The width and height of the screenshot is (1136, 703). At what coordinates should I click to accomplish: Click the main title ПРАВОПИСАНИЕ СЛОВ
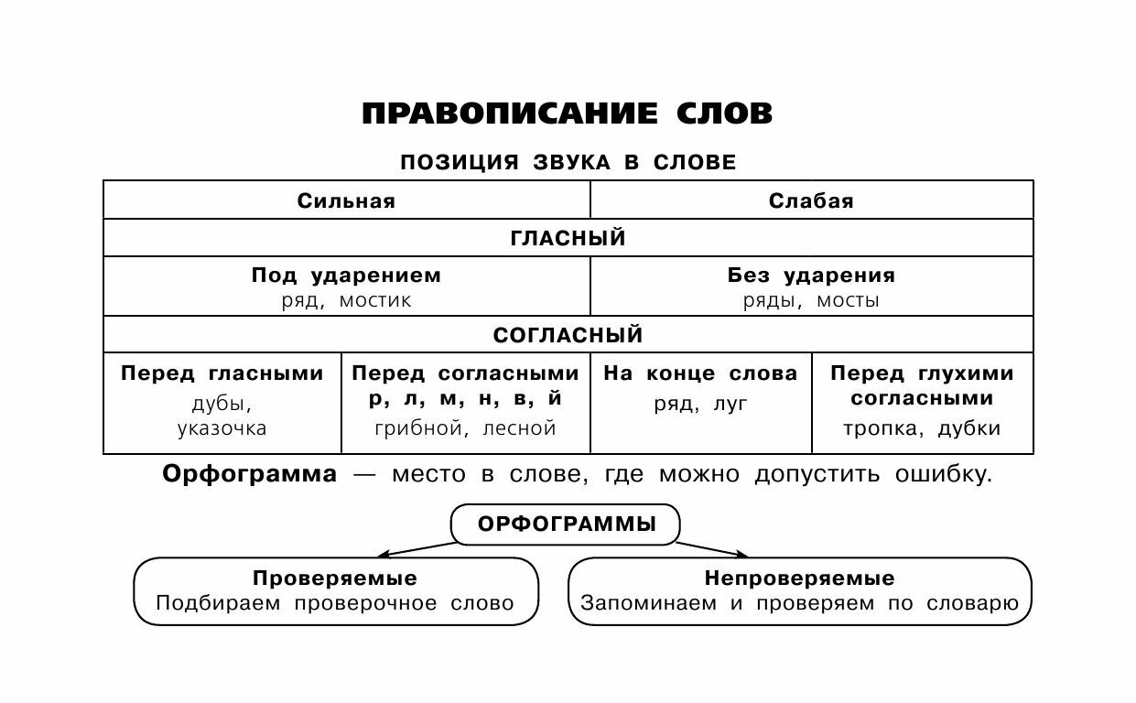pyautogui.click(x=568, y=114)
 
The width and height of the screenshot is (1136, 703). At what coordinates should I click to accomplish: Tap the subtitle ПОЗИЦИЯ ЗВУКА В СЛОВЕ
pyautogui.click(x=568, y=163)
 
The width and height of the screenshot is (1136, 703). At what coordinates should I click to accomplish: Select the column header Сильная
pyautogui.click(x=346, y=201)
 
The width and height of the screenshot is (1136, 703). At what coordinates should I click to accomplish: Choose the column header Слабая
pyautogui.click(x=811, y=201)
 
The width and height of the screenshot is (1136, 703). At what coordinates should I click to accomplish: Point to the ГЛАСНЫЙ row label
pyautogui.click(x=568, y=239)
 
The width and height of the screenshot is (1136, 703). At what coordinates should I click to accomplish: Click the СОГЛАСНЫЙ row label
pyautogui.click(x=568, y=335)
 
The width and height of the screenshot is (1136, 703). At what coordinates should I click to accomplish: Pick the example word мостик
pyautogui.click(x=375, y=300)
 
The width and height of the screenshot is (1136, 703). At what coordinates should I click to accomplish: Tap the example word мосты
pyautogui.click(x=848, y=300)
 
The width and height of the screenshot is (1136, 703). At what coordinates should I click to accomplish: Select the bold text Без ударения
pyautogui.click(x=811, y=276)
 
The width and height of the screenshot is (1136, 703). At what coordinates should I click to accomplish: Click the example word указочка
pyautogui.click(x=222, y=428)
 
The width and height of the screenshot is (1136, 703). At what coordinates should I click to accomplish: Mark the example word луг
pyautogui.click(x=730, y=404)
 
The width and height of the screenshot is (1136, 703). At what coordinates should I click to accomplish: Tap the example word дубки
pyautogui.click(x=969, y=427)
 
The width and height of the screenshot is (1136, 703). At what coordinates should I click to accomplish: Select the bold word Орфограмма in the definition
pyautogui.click(x=249, y=475)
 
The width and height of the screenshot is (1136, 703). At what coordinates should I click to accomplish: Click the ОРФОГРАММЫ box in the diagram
pyautogui.click(x=567, y=525)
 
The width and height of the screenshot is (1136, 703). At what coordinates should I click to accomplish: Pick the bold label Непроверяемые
pyautogui.click(x=799, y=579)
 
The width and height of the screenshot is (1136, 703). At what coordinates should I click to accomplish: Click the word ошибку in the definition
pyautogui.click(x=945, y=475)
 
